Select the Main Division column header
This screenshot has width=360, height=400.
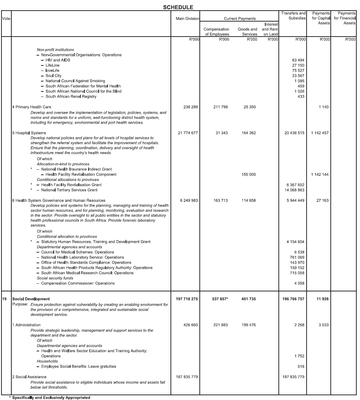(187, 18)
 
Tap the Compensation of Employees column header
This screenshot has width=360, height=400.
(216, 31)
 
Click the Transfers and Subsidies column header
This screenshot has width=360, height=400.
(293, 16)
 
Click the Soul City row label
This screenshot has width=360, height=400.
(53, 76)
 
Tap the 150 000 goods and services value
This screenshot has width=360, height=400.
(248, 174)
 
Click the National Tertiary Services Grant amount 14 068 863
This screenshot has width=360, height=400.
(294, 190)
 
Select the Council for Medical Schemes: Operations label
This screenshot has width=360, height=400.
(77, 252)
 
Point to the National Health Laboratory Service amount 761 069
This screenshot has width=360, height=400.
(297, 257)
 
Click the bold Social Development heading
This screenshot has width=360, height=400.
(31, 299)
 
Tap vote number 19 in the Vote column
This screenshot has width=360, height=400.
(4, 299)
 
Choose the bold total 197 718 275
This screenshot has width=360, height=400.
(187, 299)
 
